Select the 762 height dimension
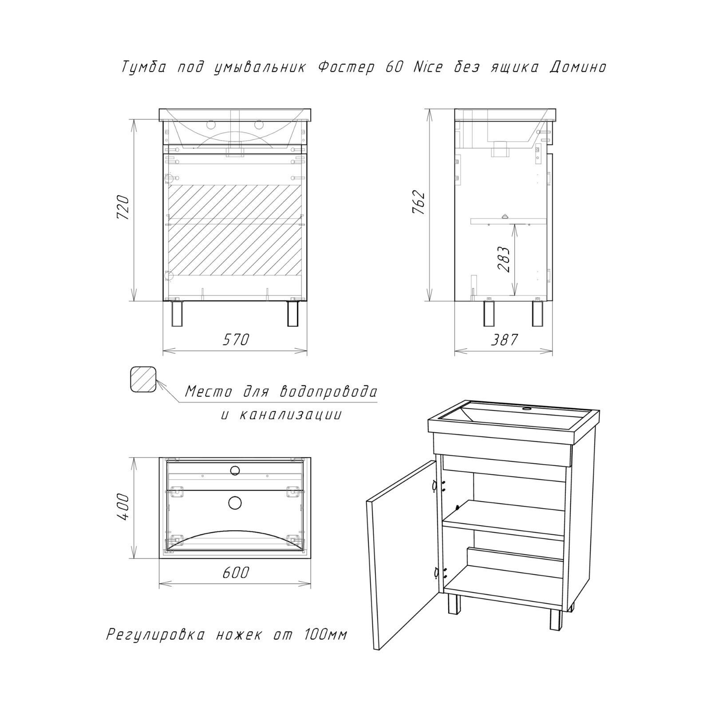(419, 203)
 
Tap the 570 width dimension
(235, 339)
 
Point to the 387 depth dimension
(505, 339)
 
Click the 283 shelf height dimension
(504, 259)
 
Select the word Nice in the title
(427, 67)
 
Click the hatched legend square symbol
(143, 380)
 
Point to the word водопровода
(329, 392)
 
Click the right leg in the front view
(292, 314)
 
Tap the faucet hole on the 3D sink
(528, 408)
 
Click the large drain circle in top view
(235, 502)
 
